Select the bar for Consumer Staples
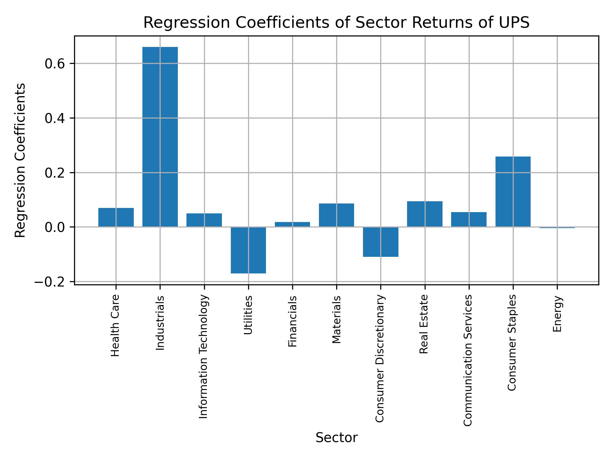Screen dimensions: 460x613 click(513, 192)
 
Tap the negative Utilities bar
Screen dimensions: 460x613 click(248, 250)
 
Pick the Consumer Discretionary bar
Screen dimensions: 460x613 click(381, 242)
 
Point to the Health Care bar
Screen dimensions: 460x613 click(116, 217)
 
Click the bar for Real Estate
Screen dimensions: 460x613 click(425, 214)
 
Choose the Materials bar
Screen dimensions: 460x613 click(337, 215)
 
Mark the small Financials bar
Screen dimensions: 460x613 click(292, 224)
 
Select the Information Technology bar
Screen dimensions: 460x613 click(204, 220)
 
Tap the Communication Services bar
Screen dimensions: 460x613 click(469, 219)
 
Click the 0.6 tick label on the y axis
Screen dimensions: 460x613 click(55, 64)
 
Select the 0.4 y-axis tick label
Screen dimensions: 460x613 click(55, 119)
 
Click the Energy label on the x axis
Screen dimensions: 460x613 click(557, 314)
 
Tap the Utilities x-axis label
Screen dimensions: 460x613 click(248, 315)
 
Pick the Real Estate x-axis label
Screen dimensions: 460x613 click(424, 324)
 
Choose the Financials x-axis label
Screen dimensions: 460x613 click(292, 321)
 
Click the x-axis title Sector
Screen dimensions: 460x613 click(337, 438)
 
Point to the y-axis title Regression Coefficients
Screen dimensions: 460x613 click(20, 160)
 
